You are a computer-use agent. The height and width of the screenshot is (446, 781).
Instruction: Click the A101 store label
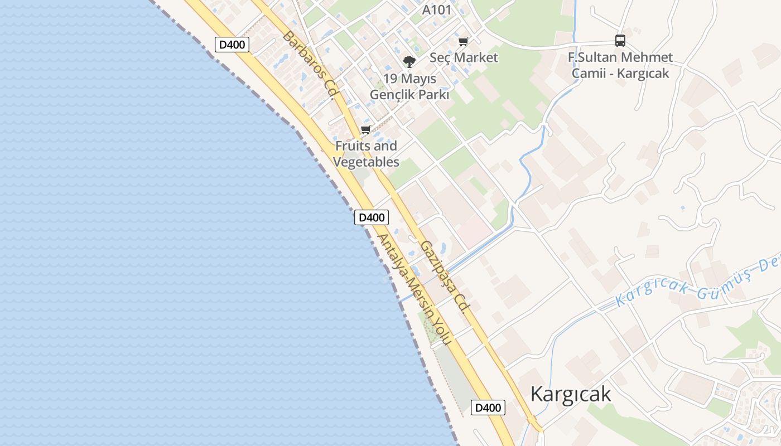[437, 9]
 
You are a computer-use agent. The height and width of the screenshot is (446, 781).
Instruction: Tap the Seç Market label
[464, 57]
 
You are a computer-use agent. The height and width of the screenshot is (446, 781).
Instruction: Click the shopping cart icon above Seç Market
[463, 41]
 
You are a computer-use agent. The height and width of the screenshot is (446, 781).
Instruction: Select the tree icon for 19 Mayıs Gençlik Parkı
[409, 61]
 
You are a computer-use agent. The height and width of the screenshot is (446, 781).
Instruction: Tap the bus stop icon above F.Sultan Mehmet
[620, 40]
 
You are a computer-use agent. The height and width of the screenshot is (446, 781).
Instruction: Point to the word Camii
[589, 74]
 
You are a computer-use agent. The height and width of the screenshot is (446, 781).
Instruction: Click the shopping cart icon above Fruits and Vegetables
[365, 130]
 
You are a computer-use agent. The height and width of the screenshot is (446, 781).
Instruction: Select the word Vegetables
[366, 162]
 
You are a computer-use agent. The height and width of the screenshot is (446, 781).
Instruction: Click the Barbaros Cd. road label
[308, 64]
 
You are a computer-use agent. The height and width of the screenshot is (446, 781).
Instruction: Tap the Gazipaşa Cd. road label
[443, 277]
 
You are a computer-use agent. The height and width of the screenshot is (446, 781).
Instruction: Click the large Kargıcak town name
[570, 394]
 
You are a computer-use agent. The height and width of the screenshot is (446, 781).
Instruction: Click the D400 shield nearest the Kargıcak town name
[488, 408]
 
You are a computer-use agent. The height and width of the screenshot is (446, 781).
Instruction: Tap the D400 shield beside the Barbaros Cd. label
[232, 45]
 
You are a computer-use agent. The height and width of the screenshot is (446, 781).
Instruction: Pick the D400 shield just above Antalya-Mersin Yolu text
[371, 217]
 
